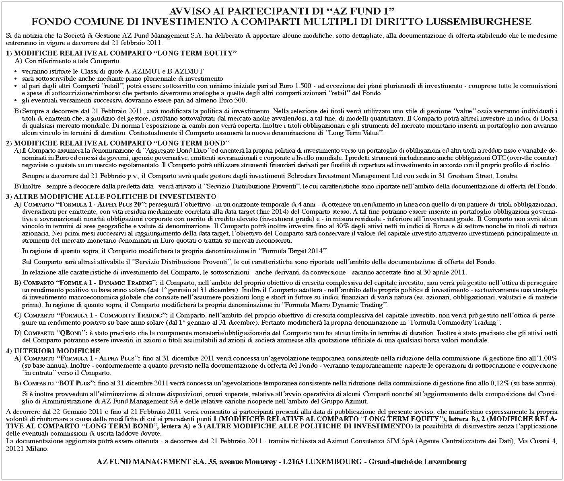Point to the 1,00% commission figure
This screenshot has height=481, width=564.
point(547,358)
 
